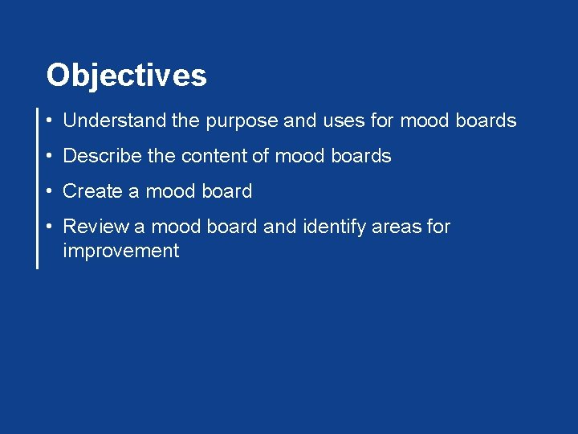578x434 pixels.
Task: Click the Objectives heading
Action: (x=126, y=76)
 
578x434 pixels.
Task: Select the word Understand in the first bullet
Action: (x=115, y=121)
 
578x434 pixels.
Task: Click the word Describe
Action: (x=103, y=156)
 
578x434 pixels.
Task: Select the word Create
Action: (x=92, y=191)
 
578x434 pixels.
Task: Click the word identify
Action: (x=336, y=227)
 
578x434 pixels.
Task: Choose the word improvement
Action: (x=120, y=251)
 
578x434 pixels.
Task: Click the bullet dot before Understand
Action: (x=50, y=121)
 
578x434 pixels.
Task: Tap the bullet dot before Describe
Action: (x=50, y=157)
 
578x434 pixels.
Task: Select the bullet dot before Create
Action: (x=50, y=192)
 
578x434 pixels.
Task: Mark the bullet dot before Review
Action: (x=50, y=227)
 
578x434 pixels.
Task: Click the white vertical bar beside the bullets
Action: (x=37, y=187)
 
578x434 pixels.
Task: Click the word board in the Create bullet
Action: (x=224, y=191)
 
